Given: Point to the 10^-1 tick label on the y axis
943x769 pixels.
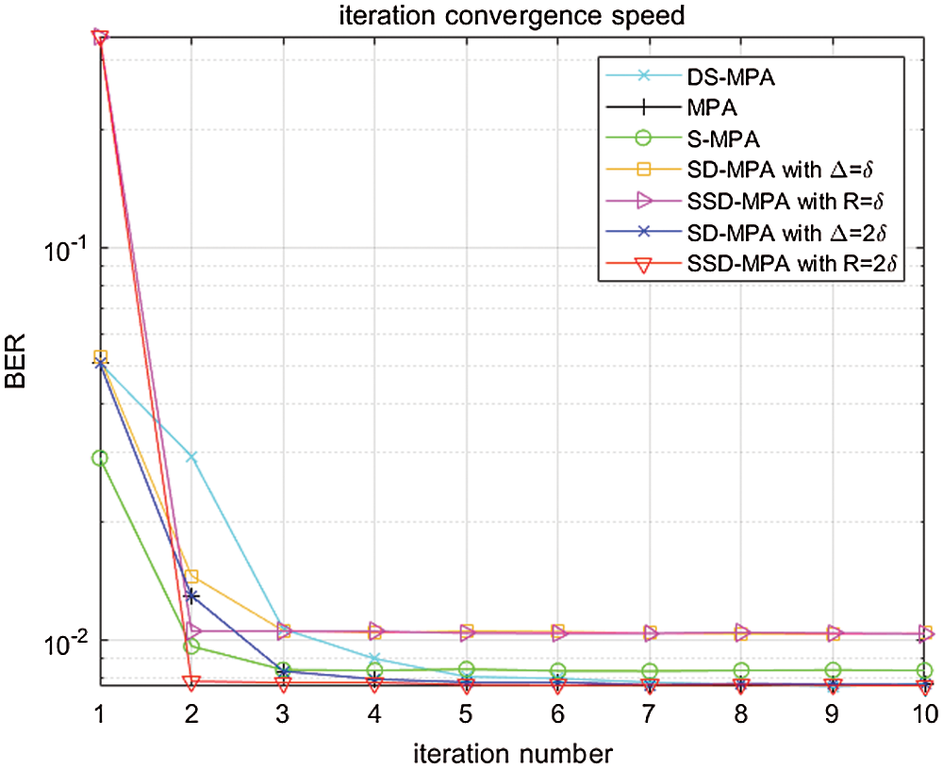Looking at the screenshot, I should click(64, 249).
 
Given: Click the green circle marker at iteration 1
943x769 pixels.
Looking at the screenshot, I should click(100, 458).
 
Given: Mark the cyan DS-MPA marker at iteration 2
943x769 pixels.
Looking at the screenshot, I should click(191, 457).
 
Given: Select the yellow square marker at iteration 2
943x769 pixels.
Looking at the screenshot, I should click(191, 576).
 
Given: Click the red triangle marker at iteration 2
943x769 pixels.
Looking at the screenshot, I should click(191, 682).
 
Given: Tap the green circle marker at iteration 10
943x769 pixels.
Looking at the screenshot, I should click(924, 671).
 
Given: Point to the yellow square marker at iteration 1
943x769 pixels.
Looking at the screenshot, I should click(100, 358).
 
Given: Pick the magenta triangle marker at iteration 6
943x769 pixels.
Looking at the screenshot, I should click(558, 632).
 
